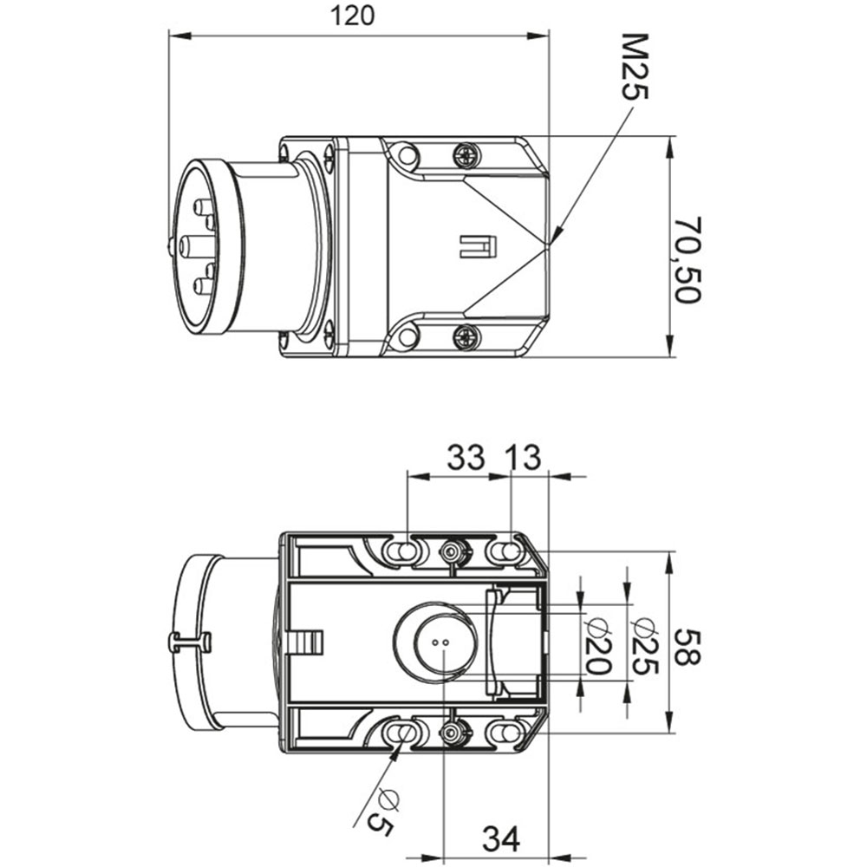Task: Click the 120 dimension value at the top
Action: click(353, 16)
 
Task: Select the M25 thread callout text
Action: click(635, 67)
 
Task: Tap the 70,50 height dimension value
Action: click(688, 259)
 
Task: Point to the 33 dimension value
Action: click(466, 458)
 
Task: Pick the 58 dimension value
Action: click(688, 647)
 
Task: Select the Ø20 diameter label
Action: click(598, 647)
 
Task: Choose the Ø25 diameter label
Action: click(645, 646)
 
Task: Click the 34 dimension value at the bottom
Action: click(501, 839)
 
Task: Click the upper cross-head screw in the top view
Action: click(466, 154)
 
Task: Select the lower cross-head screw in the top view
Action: click(466, 336)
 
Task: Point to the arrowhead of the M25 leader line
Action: click(557, 232)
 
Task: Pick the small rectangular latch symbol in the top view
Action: click(479, 246)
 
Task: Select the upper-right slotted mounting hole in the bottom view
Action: click(505, 551)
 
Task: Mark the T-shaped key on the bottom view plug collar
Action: click(189, 642)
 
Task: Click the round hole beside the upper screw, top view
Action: click(407, 155)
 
